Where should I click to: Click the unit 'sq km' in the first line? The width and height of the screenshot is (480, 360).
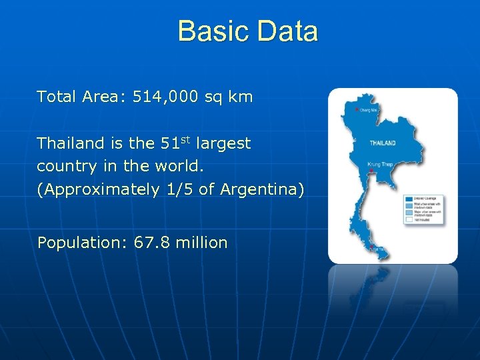click(229, 97)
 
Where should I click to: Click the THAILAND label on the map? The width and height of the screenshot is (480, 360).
click(383, 143)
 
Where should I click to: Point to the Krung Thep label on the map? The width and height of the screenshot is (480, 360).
click(379, 164)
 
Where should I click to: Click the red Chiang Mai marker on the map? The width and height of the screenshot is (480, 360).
click(357, 109)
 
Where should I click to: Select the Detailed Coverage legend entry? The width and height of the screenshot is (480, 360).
click(424, 199)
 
